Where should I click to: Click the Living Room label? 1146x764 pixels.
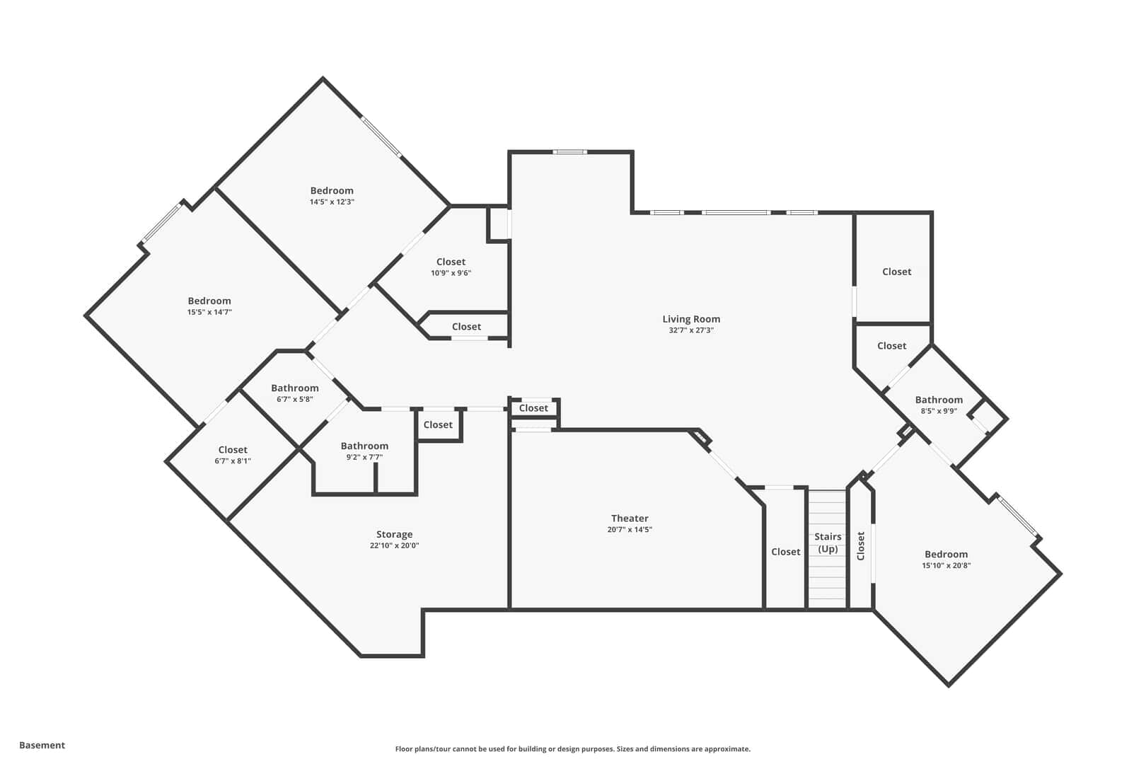tap(690, 319)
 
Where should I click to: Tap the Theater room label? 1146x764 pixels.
tap(630, 519)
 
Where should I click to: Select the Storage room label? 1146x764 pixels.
tap(394, 534)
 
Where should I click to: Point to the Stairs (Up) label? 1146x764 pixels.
tap(827, 543)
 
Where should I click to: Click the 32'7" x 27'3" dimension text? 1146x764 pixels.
tap(690, 330)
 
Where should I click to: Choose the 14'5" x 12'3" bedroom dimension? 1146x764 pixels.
tap(332, 202)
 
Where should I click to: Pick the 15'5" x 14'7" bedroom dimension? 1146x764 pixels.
tap(209, 312)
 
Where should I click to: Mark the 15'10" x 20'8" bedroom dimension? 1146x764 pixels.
tap(946, 565)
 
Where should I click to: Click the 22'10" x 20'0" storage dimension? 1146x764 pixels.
tap(394, 545)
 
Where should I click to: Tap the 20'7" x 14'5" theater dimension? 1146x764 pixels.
tap(630, 530)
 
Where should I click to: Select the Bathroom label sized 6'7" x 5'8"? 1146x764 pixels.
tap(295, 388)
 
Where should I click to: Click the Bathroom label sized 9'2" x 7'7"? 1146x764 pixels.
tap(364, 446)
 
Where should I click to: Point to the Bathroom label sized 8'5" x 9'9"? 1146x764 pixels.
tap(939, 400)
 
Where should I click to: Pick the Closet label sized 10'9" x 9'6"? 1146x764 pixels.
tap(451, 262)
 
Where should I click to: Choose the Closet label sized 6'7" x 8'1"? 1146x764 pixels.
tap(233, 450)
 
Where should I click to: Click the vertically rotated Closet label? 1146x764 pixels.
tap(860, 546)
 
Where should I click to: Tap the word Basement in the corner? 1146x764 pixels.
tap(42, 745)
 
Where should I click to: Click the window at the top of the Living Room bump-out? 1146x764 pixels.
tap(570, 151)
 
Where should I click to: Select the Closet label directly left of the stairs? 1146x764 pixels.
tap(785, 552)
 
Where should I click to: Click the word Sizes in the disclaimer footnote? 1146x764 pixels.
tap(626, 749)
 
